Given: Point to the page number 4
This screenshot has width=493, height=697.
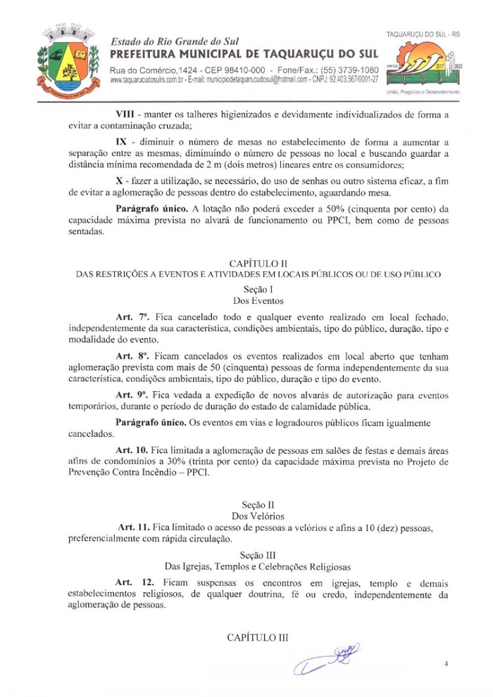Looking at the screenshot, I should point(446,663).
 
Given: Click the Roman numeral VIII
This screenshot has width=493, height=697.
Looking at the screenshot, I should point(127,113).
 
